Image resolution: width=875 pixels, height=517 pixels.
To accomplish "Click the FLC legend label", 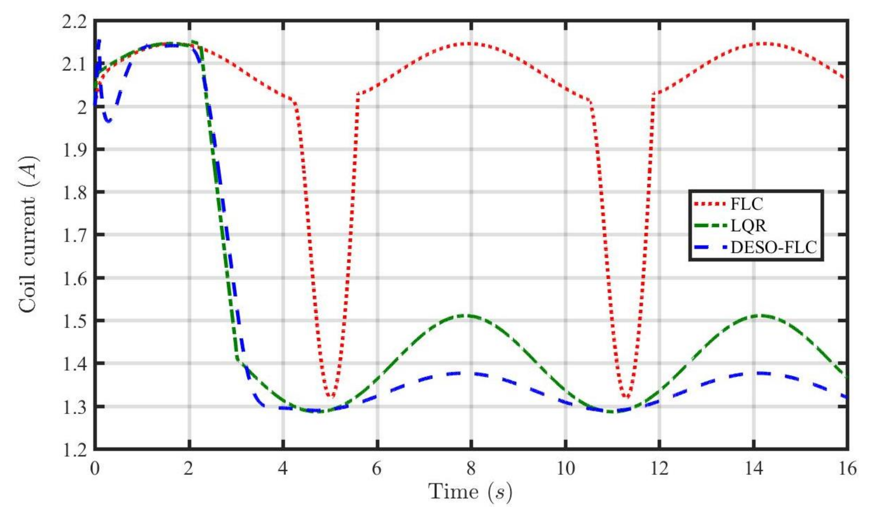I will pyautogui.click(x=746, y=204).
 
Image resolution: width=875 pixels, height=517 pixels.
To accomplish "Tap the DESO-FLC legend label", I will pyautogui.click(x=773, y=248).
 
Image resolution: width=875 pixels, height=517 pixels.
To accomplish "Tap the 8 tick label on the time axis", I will pyautogui.click(x=471, y=469).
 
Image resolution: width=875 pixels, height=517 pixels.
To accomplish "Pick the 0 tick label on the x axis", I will pyautogui.click(x=95, y=469).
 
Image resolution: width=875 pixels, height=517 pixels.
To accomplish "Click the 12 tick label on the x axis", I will pyautogui.click(x=659, y=469).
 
